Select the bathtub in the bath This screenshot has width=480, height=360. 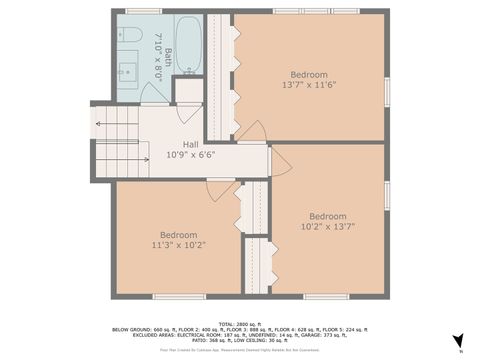(x=191, y=45)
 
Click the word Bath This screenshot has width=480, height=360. (x=169, y=58)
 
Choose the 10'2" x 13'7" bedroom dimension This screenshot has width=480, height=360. (x=327, y=227)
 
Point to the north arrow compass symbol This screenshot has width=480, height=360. (x=458, y=341)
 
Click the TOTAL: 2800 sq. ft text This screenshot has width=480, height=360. (x=240, y=322)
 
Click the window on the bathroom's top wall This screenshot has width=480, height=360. (x=144, y=11)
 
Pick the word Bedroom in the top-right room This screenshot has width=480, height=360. (x=307, y=75)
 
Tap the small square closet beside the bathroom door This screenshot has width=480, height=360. (x=188, y=90)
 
